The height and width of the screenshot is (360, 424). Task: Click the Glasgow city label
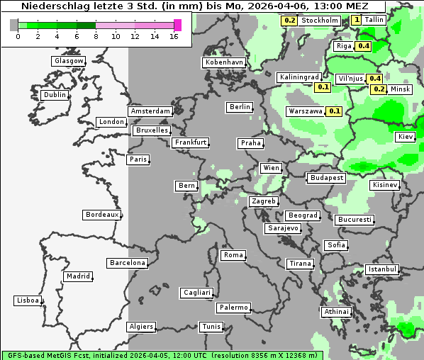pyautogui.click(x=69, y=61)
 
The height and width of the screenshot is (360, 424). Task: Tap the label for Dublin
pyautogui.click(x=55, y=95)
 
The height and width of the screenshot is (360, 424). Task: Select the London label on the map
pyautogui.click(x=111, y=122)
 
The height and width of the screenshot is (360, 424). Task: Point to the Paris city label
pyautogui.click(x=138, y=159)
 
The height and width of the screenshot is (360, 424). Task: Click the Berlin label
pyautogui.click(x=240, y=107)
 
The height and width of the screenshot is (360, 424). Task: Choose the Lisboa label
pyautogui.click(x=28, y=300)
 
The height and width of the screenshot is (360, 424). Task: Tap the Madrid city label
pyautogui.click(x=77, y=276)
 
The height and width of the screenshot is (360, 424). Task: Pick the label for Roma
pyautogui.click(x=233, y=255)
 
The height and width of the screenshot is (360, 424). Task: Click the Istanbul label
pyautogui.click(x=382, y=269)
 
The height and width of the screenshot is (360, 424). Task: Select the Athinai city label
pyautogui.click(x=336, y=312)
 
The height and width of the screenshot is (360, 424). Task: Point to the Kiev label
pyautogui.click(x=406, y=137)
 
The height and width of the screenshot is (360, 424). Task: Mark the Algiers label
pyautogui.click(x=140, y=327)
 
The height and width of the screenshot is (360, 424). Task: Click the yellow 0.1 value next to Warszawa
pyautogui.click(x=335, y=111)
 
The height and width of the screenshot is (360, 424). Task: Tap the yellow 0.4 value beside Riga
pyautogui.click(x=364, y=46)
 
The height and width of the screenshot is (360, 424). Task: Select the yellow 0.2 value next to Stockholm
pyautogui.click(x=289, y=21)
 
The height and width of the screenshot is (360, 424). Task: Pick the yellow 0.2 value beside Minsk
pyautogui.click(x=379, y=89)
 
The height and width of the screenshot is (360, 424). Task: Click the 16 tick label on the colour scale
pyautogui.click(x=174, y=36)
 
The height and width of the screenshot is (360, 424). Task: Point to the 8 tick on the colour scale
pyautogui.click(x=96, y=36)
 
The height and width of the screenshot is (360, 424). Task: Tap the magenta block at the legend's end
pyautogui.click(x=177, y=25)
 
